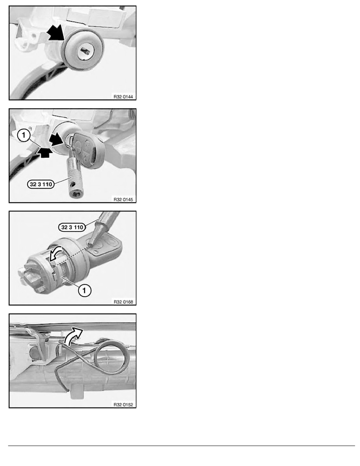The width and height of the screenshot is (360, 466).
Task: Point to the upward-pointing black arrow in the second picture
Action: (45, 152)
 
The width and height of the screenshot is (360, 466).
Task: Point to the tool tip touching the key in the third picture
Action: (91, 242)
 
